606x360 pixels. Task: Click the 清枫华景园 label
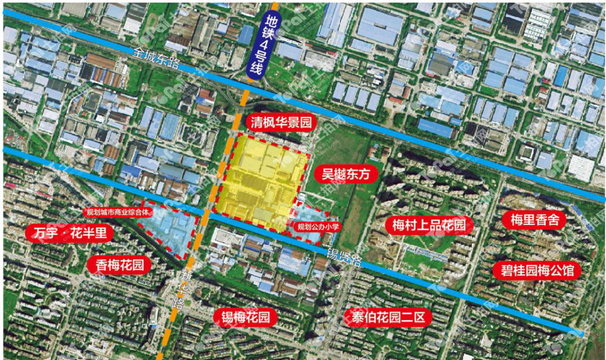coord(278,123)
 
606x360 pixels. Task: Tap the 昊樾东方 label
coord(346,174)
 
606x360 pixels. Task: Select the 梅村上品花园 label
coord(429,225)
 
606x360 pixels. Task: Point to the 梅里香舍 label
coord(534,220)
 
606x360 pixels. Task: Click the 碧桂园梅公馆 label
coord(534,271)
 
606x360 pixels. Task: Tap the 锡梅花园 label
coord(245,318)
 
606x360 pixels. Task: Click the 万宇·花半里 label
coord(70,233)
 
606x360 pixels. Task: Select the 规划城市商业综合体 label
coord(117,213)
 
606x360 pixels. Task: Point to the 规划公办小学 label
coord(319,227)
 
